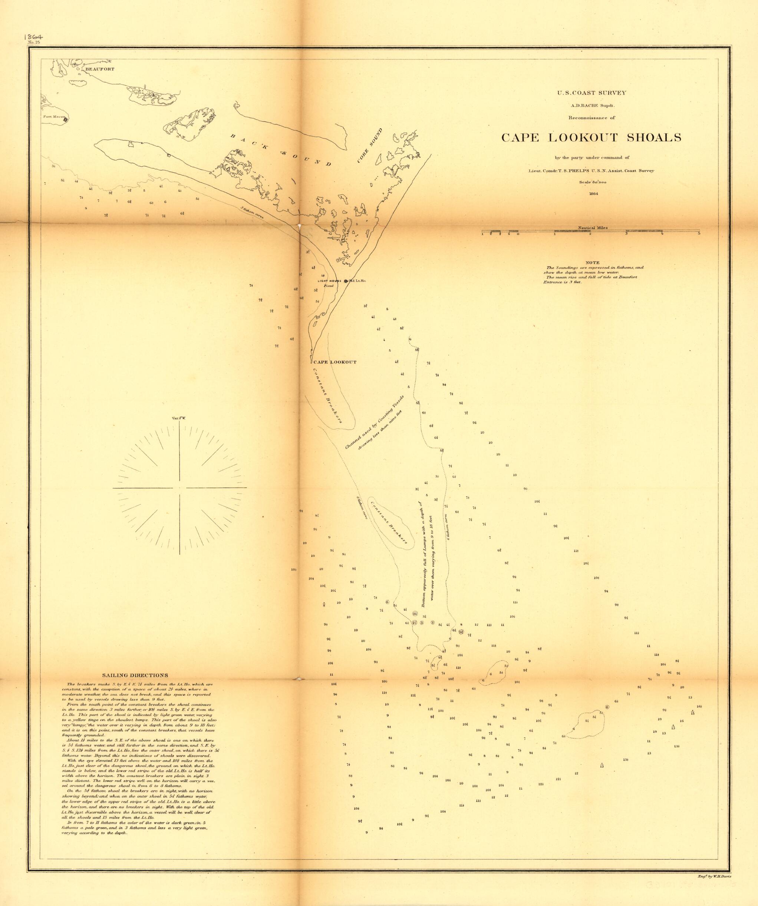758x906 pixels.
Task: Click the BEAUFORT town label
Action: tap(100, 69)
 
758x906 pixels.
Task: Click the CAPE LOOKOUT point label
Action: tap(335, 362)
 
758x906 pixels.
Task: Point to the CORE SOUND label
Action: tap(370, 145)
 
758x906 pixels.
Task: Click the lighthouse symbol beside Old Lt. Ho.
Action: tap(346, 281)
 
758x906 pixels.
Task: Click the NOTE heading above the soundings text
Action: tap(592, 262)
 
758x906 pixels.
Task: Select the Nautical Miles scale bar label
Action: tap(593, 228)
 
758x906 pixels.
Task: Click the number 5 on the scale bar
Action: tap(699, 233)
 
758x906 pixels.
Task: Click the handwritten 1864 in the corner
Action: tap(37, 36)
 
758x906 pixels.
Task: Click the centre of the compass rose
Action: tap(180, 488)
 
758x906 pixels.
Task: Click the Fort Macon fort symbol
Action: tap(65, 120)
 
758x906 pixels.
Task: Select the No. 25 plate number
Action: tap(34, 42)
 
